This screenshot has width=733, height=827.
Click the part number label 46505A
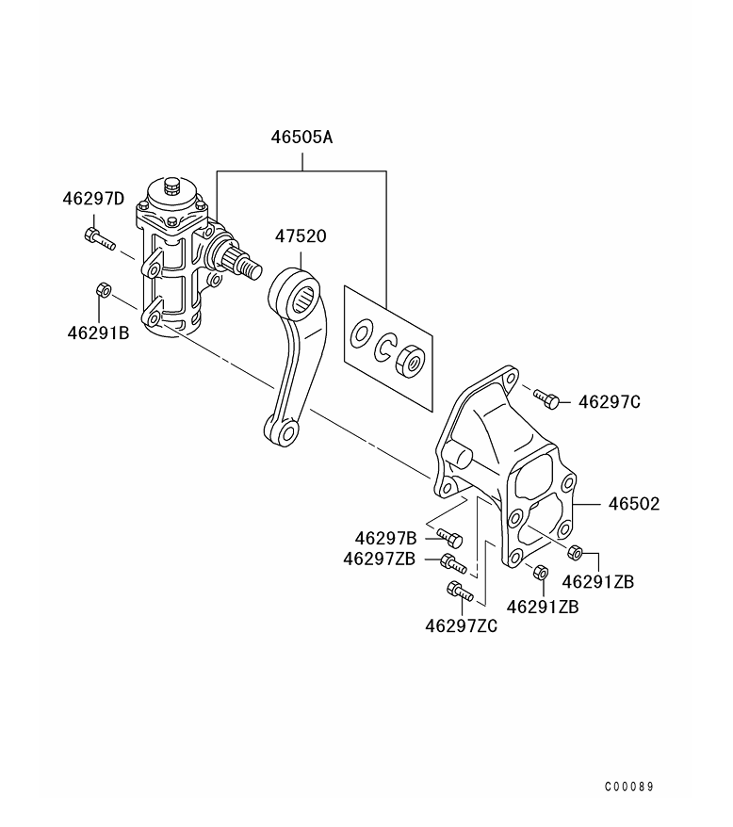pos(301,138)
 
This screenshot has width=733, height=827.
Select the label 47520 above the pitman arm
pos(301,235)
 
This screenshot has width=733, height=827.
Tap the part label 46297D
pos(93,199)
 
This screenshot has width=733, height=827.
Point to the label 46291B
pos(98,332)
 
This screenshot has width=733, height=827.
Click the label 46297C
pos(610,402)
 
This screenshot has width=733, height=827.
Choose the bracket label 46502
pos(634,504)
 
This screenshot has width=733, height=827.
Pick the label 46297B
pos(385,539)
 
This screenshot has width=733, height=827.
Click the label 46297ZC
pos(462,626)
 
